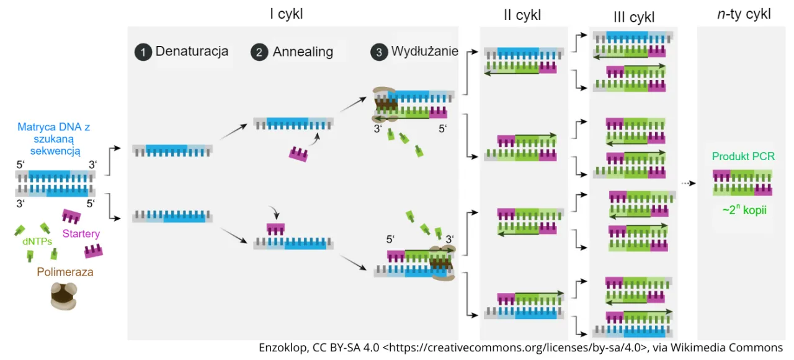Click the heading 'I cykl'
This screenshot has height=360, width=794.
[x=286, y=14]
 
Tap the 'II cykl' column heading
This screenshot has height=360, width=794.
[x=522, y=16]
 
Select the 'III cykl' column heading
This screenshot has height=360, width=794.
[x=633, y=17]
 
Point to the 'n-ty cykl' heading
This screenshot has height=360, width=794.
[x=743, y=14]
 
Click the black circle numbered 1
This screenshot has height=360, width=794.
[x=143, y=52]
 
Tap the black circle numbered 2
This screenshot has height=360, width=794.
[x=259, y=52]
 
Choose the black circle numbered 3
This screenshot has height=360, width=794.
[x=378, y=52]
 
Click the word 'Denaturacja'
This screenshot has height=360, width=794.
[x=192, y=51]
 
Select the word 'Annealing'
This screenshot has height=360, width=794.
[x=303, y=52]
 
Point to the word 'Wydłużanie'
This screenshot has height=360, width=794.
[x=424, y=52]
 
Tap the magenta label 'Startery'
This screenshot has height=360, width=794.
[x=81, y=234]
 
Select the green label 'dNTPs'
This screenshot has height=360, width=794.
[x=37, y=242]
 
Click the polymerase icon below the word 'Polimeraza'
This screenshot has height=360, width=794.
[x=65, y=296]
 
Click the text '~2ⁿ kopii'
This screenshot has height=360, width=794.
[x=744, y=210]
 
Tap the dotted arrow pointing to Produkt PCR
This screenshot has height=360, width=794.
[x=687, y=183]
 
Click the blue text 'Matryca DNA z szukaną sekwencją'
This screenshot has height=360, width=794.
[x=54, y=138]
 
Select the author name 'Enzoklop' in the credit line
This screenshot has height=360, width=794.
[x=282, y=348]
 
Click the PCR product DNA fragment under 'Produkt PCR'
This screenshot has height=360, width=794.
[x=743, y=182]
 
